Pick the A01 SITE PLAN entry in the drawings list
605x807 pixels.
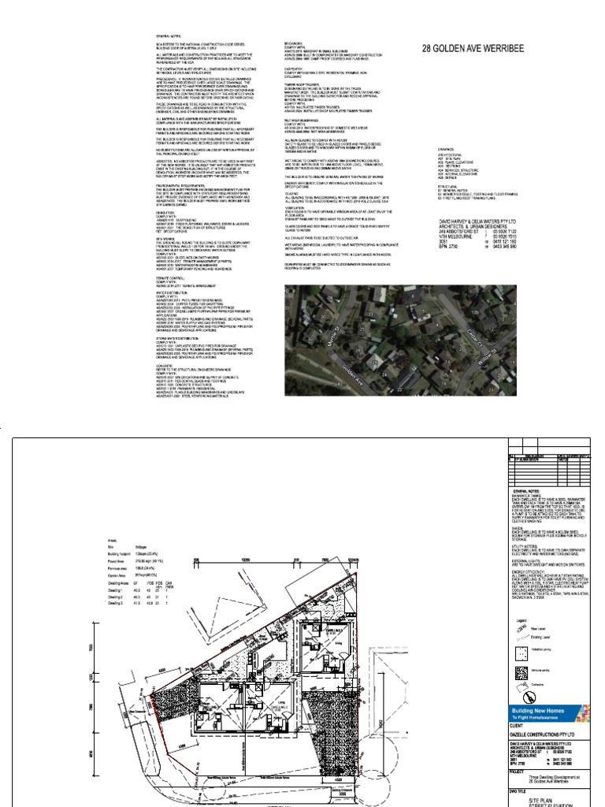tap(450, 158)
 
